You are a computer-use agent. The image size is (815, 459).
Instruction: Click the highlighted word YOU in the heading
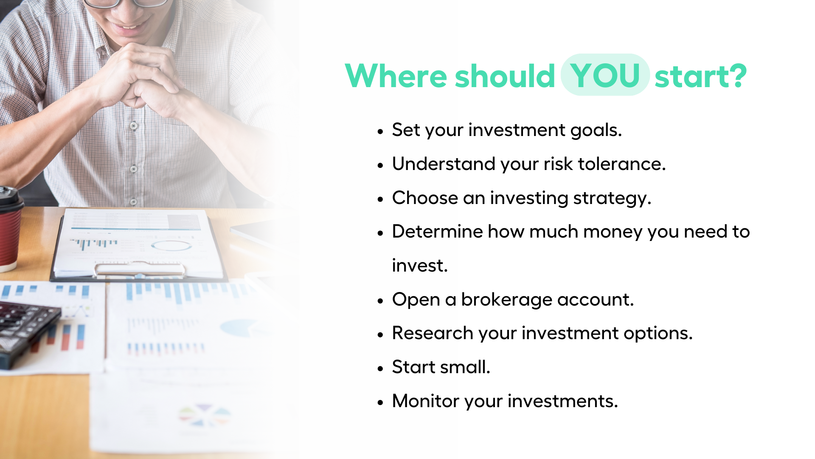click(x=605, y=75)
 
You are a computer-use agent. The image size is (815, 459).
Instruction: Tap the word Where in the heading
click(x=396, y=76)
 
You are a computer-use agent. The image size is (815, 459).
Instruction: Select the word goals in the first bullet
click(x=596, y=130)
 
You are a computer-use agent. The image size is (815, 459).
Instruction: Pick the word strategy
click(x=612, y=198)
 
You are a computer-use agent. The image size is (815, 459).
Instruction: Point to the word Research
click(x=433, y=333)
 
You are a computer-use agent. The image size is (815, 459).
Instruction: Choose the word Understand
click(x=444, y=164)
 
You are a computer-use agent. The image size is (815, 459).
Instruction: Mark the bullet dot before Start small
click(x=380, y=368)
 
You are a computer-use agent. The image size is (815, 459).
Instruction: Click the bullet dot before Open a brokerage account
click(x=380, y=301)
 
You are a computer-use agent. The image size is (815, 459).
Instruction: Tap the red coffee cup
click(x=9, y=229)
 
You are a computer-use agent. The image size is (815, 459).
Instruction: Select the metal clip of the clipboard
click(x=140, y=270)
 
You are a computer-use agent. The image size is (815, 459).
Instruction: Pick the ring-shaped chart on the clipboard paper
click(x=171, y=246)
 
